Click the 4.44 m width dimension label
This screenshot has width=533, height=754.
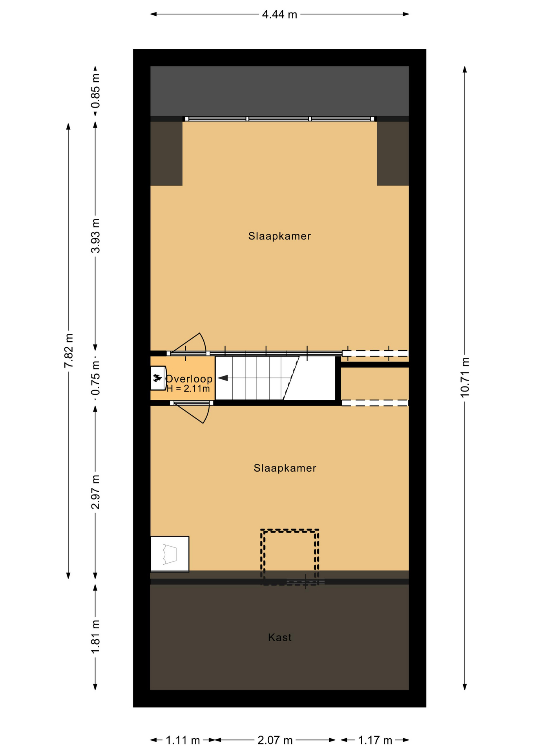[x=279, y=15]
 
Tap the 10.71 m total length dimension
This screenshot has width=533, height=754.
[x=465, y=377]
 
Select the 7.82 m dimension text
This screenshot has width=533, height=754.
[x=68, y=351]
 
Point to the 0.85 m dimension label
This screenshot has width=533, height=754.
[x=95, y=91]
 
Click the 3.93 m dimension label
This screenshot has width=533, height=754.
[x=95, y=236]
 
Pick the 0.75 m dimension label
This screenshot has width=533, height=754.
[x=95, y=378]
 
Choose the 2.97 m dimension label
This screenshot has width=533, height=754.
[x=95, y=492]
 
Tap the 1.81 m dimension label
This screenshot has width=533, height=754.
[x=95, y=637]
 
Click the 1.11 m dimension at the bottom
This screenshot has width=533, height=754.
[x=183, y=740]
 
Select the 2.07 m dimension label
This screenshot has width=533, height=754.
[x=275, y=740]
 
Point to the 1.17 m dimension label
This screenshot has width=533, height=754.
[x=375, y=740]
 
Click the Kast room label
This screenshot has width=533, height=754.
[x=280, y=637]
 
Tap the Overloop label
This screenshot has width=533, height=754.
[x=189, y=379]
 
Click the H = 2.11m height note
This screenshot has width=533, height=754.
[x=188, y=389]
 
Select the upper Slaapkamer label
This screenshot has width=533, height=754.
[x=279, y=236]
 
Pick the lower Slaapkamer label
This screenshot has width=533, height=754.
[x=285, y=468]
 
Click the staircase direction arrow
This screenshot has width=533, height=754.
[x=223, y=378]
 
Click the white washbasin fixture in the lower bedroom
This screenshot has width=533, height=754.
[x=170, y=554]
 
